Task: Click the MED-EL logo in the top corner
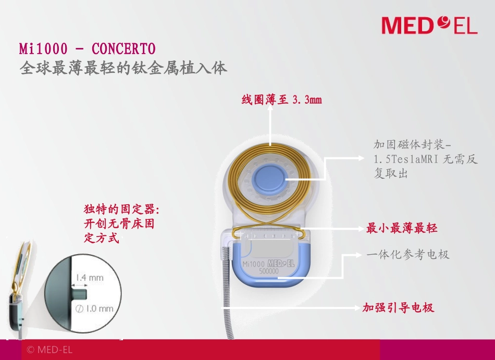click(x=429, y=25)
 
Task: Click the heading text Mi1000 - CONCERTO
click(x=88, y=49)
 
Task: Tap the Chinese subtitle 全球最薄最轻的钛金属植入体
click(x=123, y=68)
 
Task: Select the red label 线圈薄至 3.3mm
click(x=281, y=100)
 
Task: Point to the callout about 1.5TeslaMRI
click(x=425, y=159)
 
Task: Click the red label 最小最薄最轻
click(x=402, y=228)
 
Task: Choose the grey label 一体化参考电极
click(x=408, y=255)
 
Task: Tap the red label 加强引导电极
click(x=398, y=307)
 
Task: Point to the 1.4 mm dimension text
click(x=90, y=278)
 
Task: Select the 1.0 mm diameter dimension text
click(x=94, y=308)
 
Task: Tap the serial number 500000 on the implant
click(x=268, y=271)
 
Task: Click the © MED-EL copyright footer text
click(x=49, y=350)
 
